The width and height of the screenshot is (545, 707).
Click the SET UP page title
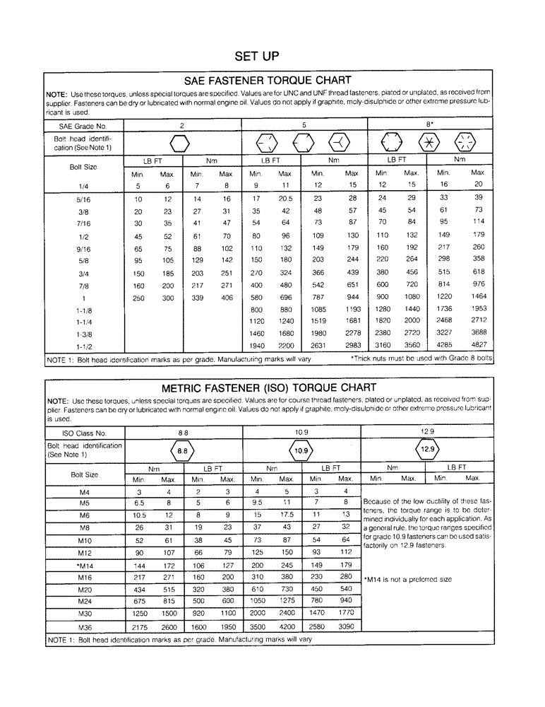tap(258, 56)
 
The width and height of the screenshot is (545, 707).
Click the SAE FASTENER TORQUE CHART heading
tap(268, 81)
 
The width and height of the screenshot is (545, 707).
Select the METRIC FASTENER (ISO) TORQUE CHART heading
tap(268, 387)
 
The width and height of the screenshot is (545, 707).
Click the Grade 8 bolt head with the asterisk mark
tap(427, 142)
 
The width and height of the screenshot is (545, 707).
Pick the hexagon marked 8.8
tap(182, 450)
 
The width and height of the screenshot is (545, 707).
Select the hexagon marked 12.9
tap(427, 449)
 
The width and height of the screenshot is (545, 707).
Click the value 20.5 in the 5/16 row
tap(285, 199)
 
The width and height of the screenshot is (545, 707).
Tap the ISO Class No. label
tap(77, 432)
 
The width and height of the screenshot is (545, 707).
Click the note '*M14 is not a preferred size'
tap(407, 579)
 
